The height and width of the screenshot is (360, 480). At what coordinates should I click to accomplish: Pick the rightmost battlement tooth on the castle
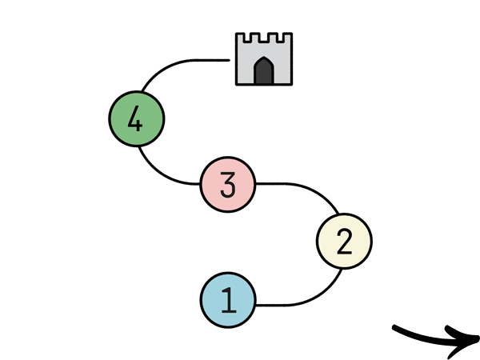point(287,39)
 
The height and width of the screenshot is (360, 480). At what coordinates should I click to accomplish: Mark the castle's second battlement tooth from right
point(273,39)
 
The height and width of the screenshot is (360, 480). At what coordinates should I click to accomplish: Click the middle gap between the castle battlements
point(264,38)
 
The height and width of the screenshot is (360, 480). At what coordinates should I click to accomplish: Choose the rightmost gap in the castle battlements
point(280,38)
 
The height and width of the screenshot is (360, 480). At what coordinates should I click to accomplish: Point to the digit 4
point(135,120)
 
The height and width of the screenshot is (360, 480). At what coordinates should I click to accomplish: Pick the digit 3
point(228,185)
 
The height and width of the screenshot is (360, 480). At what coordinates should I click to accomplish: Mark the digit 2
point(345,241)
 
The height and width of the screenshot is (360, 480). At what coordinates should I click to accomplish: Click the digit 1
point(229,300)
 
